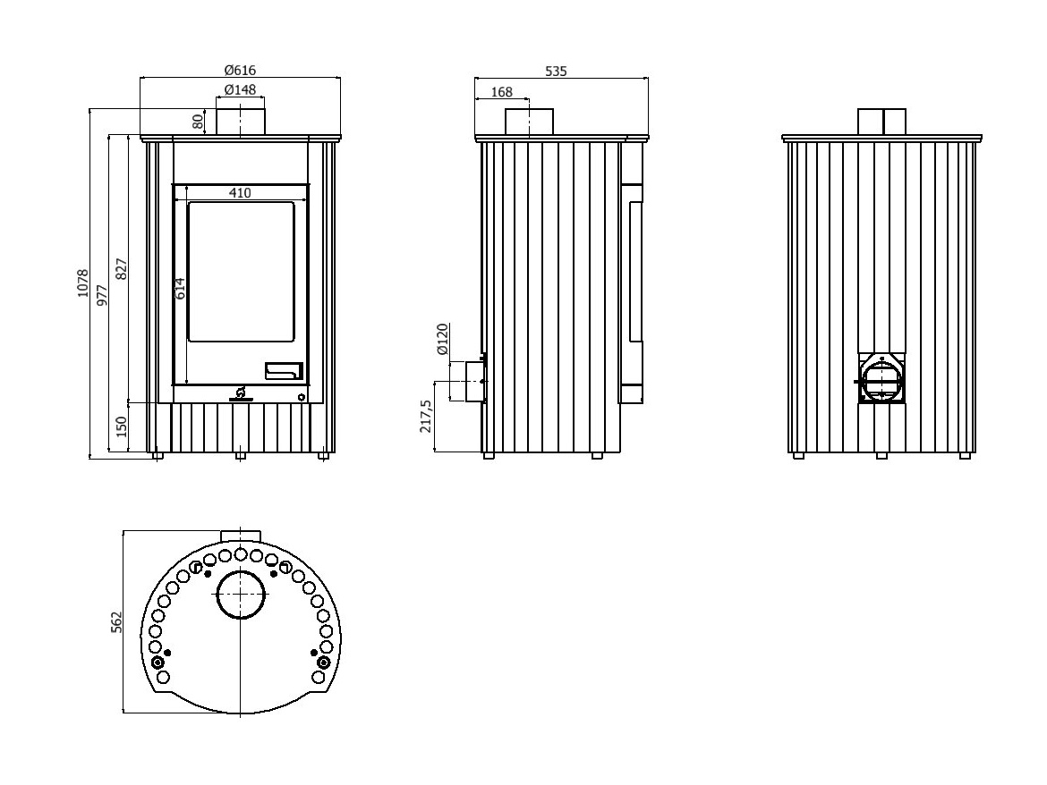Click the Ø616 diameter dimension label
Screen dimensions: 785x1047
pos(240,70)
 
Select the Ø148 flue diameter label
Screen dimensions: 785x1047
pos(240,89)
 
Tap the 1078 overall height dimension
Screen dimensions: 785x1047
pos(82,283)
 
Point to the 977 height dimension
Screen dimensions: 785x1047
pos(102,294)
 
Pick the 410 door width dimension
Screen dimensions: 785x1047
pos(240,192)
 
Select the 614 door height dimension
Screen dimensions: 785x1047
pos(179,288)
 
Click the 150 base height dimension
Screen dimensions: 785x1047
pos(122,427)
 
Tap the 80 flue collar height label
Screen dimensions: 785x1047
pos(199,122)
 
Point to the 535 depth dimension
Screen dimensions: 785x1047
pos(556,71)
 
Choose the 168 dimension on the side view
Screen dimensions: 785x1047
pos(502,91)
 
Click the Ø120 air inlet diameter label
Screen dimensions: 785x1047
pos(442,341)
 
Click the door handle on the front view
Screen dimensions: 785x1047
pos(284,370)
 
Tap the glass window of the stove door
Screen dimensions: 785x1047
pos(241,271)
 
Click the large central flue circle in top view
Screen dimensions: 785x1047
pos(242,595)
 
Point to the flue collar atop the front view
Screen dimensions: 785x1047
pos(240,122)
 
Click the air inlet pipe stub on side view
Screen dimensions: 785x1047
pos(472,382)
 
